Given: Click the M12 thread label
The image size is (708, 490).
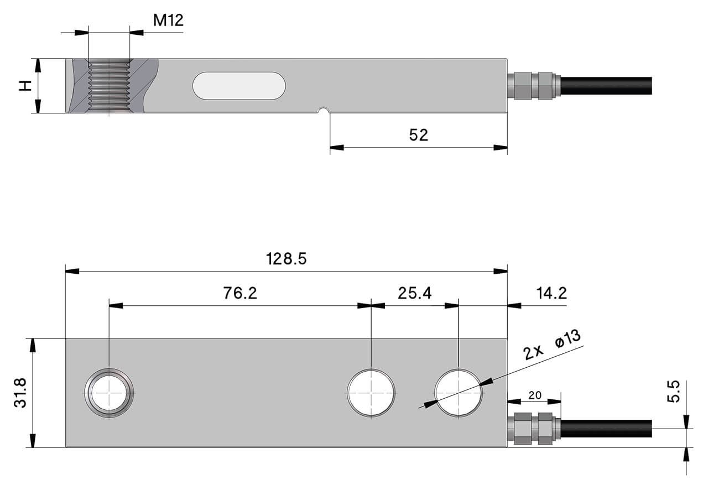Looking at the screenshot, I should (x=168, y=20).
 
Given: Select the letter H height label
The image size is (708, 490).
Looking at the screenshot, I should (x=24, y=86).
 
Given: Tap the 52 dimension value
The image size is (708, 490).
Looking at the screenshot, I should (x=418, y=135).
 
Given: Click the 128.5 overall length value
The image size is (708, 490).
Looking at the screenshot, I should (x=286, y=259).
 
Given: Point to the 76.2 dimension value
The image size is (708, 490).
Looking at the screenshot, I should (x=240, y=293).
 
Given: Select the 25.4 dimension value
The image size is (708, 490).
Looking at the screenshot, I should (x=415, y=293).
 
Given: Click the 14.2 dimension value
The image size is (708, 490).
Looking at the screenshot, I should (x=551, y=293).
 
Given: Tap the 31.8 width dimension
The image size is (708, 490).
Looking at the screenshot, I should (x=20, y=393).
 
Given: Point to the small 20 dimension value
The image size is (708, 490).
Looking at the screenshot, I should (x=534, y=395).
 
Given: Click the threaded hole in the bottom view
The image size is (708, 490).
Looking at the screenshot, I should (x=110, y=392).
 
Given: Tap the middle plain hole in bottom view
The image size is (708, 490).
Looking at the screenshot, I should (x=371, y=392).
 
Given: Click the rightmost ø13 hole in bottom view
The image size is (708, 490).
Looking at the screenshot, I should (x=459, y=392).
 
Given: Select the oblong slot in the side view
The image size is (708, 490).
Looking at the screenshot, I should (x=239, y=86).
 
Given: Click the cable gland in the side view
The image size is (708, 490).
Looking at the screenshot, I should (x=533, y=86).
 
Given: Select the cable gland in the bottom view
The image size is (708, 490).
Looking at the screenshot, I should (x=533, y=429).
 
